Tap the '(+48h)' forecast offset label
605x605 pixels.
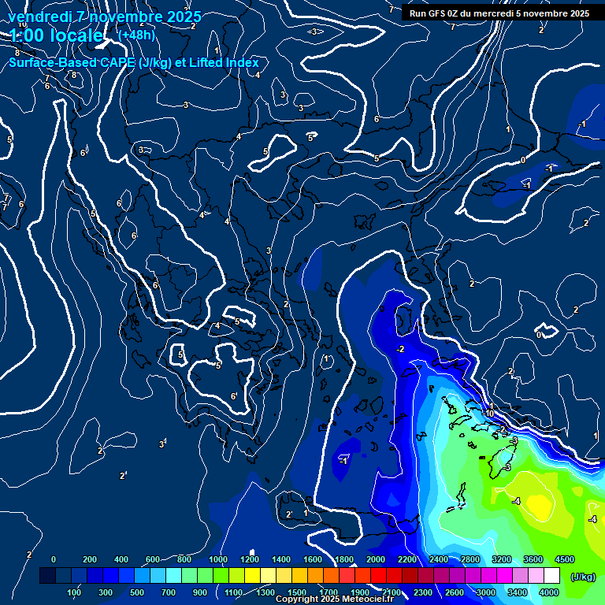point(135,35)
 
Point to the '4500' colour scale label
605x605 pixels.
point(564,559)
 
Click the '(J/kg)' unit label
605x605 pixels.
point(583,577)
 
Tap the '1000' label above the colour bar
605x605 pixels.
point(217,559)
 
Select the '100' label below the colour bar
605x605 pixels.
point(74,592)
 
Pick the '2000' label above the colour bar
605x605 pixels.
point(375,559)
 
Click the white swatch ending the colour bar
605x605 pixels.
point(551,577)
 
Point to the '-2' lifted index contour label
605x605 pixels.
point(400,349)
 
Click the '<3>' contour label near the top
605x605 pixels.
point(314,32)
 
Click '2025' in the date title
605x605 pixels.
point(184,17)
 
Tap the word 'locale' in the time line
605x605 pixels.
point(74,35)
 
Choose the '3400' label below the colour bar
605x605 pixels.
point(518,592)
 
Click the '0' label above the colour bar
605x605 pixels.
point(54,559)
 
